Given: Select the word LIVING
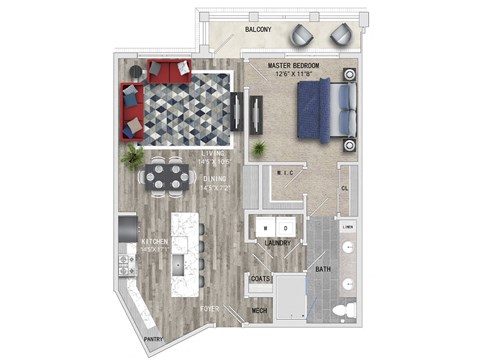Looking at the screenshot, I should (x=182, y=153).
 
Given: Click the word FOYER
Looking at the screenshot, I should (x=209, y=310).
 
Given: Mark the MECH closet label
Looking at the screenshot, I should (x=259, y=311).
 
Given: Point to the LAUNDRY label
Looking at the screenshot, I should (x=278, y=243).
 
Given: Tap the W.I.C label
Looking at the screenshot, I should (x=283, y=173).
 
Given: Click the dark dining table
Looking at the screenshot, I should (x=166, y=179).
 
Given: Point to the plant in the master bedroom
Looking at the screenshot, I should (x=259, y=147).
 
